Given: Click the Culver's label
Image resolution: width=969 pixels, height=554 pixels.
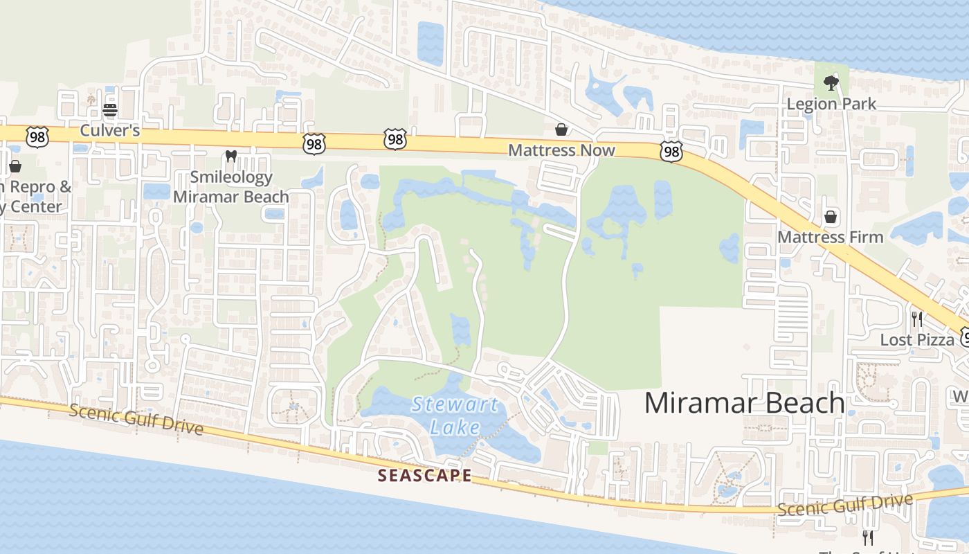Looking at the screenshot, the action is (x=110, y=130).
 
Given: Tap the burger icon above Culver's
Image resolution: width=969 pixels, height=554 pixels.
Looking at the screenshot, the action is (x=110, y=109).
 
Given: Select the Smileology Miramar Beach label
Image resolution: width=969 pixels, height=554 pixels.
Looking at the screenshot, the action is (x=231, y=187).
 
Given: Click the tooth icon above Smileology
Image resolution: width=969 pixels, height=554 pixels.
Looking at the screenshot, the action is (x=231, y=157).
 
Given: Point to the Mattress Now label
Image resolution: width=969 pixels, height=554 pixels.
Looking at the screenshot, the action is (x=561, y=150).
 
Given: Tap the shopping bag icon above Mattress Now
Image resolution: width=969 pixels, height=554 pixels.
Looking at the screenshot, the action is (x=561, y=129).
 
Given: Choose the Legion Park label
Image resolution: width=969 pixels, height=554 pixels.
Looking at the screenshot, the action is (x=831, y=104).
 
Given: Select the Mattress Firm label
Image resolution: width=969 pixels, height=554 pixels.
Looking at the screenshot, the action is (x=831, y=237).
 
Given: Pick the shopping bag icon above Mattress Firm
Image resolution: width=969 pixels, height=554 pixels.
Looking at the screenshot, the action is (x=831, y=217).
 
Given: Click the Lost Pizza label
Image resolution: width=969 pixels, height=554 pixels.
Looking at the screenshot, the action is (x=917, y=339).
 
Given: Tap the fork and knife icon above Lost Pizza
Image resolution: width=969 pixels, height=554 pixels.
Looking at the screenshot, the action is (x=917, y=319).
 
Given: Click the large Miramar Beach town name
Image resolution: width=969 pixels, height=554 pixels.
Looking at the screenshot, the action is (x=744, y=403).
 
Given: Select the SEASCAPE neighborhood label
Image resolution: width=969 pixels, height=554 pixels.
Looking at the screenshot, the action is (x=425, y=476).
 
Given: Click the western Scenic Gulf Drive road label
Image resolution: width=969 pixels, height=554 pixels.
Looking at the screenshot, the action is (x=136, y=420).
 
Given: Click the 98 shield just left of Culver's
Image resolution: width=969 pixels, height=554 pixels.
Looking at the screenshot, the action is (x=37, y=136).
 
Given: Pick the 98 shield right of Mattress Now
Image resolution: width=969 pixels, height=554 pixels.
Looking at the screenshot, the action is (x=671, y=152).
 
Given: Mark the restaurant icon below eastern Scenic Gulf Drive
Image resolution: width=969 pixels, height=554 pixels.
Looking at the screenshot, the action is (x=868, y=537).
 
